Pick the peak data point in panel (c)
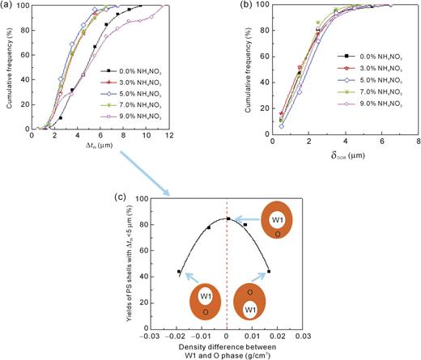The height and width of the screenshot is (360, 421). pyautogui.click(x=228, y=218)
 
